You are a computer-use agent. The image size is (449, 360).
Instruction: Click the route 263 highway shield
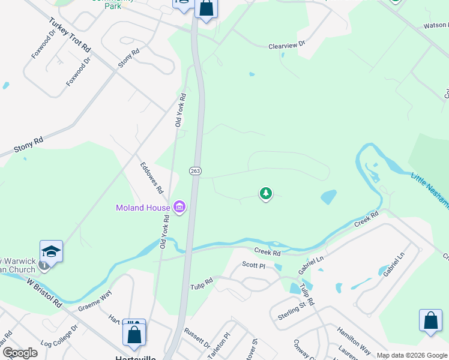(x=195, y=171)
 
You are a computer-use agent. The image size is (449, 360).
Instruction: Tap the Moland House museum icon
(x=179, y=208)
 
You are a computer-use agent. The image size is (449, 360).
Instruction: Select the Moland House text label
(x=143, y=208)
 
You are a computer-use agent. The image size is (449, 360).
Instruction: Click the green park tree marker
(x=265, y=193)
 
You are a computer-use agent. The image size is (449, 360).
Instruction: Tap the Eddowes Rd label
(x=152, y=178)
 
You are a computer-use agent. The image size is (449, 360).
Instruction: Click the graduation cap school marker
(x=52, y=251)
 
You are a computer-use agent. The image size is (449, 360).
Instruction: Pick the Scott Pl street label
(x=253, y=265)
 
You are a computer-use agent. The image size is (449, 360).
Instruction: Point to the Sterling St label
(x=292, y=312)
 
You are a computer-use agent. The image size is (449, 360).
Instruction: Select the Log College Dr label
(x=59, y=338)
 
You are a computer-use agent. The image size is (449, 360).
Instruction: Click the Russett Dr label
(x=197, y=340)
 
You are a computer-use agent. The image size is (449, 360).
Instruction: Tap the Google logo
(x=20, y=353)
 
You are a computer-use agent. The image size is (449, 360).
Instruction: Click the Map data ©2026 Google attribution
(x=412, y=355)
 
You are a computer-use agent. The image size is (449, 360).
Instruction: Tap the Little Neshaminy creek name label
(x=430, y=187)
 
